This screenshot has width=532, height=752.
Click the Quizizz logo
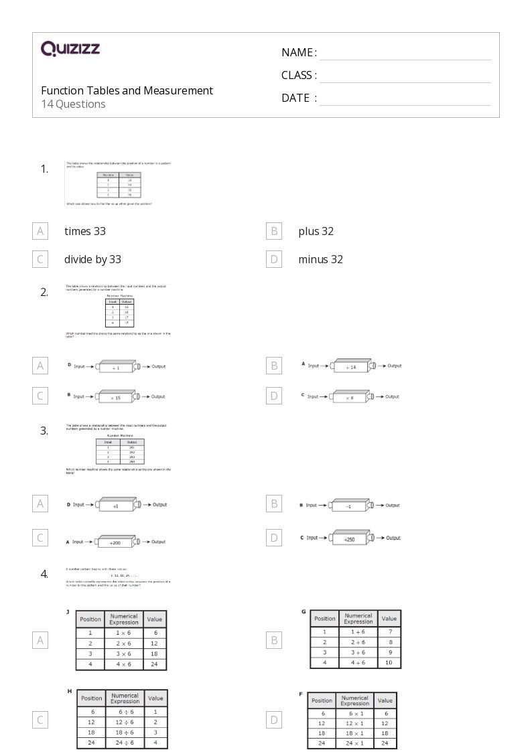click(70, 48)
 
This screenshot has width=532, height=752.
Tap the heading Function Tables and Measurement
click(127, 90)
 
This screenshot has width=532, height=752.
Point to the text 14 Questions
click(73, 104)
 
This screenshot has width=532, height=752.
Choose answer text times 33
click(85, 231)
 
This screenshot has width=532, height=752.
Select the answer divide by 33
click(92, 259)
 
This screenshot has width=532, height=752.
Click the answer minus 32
click(320, 259)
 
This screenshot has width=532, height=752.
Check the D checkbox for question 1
click(273, 259)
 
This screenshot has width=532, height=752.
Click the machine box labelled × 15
click(116, 397)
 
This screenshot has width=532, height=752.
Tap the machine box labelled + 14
click(350, 366)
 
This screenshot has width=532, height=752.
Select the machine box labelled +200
click(116, 542)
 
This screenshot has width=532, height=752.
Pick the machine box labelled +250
click(349, 538)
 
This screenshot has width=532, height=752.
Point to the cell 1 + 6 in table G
click(358, 631)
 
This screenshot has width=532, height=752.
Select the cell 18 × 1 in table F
click(354, 733)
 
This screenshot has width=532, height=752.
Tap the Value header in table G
click(389, 618)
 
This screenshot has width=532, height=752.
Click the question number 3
click(44, 431)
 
